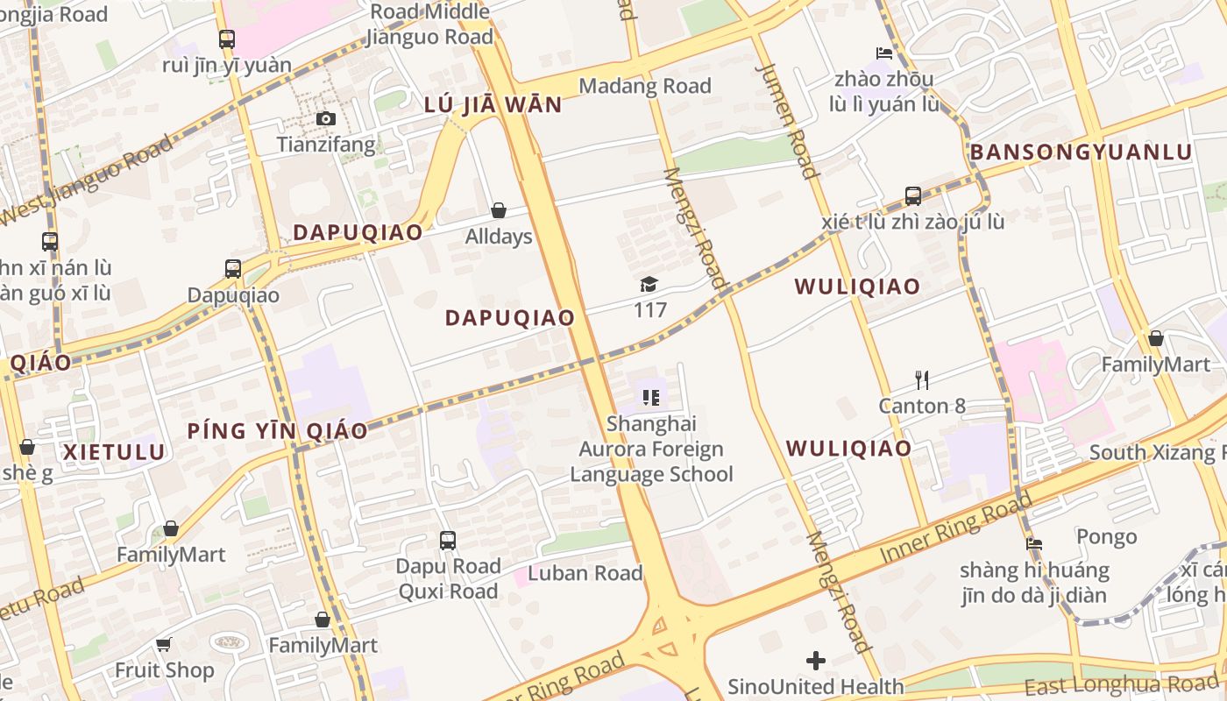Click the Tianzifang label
point(326,145)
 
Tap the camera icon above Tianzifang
point(326,119)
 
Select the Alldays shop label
point(499,237)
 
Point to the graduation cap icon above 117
point(649,284)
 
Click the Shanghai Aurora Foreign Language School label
point(651,449)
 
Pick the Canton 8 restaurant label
point(922,406)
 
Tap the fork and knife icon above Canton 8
point(922,380)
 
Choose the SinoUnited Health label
point(815,686)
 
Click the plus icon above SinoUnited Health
point(816,660)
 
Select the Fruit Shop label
point(165,670)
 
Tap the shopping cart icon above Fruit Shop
point(163,645)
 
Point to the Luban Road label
point(585,574)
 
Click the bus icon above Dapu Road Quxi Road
point(448,541)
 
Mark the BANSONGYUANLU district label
point(1081,152)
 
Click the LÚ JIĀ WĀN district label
point(493,105)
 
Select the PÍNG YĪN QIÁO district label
point(277,431)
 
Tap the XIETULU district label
point(114,452)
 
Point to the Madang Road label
point(645,86)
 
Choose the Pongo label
point(1106,536)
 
